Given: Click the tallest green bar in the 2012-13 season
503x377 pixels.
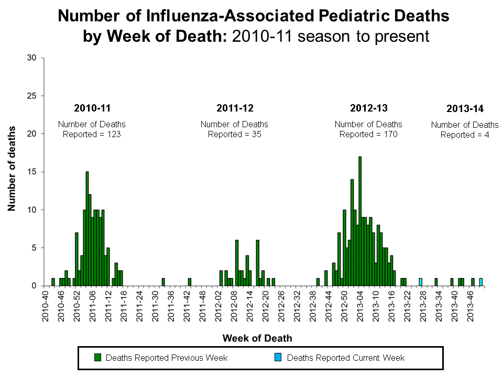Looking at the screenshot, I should pos(360,221).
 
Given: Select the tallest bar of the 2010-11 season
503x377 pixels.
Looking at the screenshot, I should pos(87,228).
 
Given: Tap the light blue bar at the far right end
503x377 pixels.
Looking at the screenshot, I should pos(481,282).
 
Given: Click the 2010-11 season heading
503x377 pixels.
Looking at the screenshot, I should pos(92,108).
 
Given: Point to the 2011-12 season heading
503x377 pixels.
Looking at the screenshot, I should pos(235,108).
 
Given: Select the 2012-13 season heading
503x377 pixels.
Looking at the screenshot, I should pos(369,108).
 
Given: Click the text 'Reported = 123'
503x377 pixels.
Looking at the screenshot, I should pos(92,134).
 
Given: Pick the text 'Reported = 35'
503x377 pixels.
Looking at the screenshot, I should pos(235,134).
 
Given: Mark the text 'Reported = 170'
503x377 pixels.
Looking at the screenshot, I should pos(369,134).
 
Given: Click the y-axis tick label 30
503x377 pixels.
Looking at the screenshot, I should pos(31,58).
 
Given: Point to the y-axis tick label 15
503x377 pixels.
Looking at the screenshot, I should pos(31,172).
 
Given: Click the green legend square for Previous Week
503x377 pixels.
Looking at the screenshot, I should pos(97,358).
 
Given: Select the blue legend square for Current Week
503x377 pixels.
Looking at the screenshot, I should pos(278,358).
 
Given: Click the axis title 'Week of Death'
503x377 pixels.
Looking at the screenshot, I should pos(257,338).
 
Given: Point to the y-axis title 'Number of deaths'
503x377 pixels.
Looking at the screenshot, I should pos(12,169).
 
